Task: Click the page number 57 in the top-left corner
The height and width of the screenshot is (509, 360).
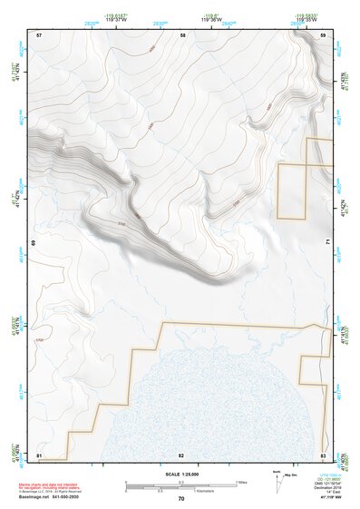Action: (x=39, y=34)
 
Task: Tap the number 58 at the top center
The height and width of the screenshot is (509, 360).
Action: (x=182, y=34)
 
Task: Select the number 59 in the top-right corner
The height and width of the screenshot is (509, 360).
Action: (x=324, y=34)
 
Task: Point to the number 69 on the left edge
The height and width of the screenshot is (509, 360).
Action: (x=35, y=243)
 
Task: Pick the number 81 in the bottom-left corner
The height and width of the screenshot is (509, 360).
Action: (x=39, y=454)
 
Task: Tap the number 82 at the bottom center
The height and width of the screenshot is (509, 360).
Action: (x=181, y=454)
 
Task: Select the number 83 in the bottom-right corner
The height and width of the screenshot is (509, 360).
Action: (x=323, y=454)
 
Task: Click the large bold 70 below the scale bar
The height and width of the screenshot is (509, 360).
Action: (x=181, y=499)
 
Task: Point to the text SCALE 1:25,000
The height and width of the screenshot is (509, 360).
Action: (x=180, y=473)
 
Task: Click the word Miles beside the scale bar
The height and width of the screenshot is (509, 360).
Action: (x=241, y=482)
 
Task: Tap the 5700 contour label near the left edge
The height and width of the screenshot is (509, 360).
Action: (x=39, y=340)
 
